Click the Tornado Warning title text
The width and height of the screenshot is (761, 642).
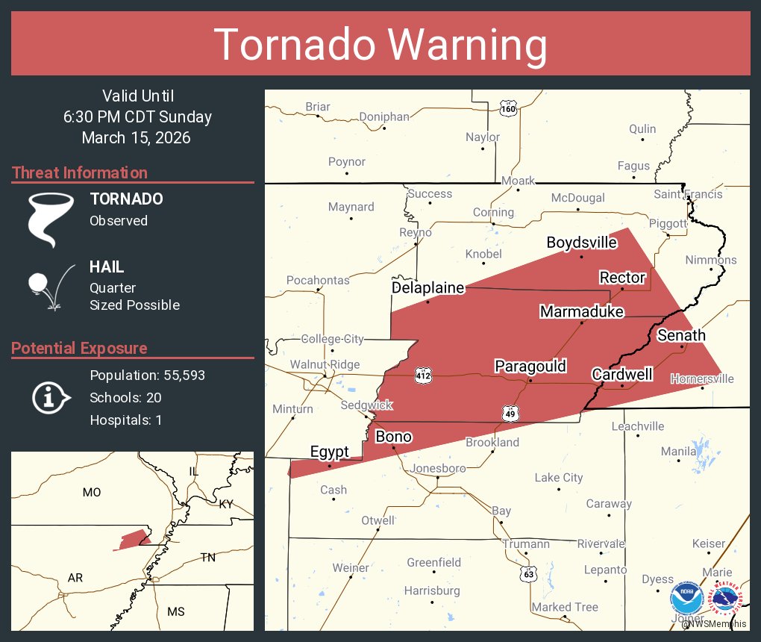coord(380,45)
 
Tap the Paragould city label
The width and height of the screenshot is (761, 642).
coord(530,366)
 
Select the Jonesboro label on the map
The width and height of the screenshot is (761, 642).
coord(439,468)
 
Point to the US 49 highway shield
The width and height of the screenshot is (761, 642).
coord(510,412)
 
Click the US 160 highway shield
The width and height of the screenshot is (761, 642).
coord(508,107)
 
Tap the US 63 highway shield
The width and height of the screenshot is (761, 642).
coord(528,573)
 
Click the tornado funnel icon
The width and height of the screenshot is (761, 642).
coord(50,218)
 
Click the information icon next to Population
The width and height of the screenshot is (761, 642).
coord(50,397)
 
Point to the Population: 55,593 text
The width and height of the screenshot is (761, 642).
coord(147,375)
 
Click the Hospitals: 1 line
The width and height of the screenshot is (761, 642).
coord(126,420)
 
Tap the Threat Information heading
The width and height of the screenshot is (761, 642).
coord(80,172)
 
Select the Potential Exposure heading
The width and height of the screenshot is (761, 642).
coord(79,348)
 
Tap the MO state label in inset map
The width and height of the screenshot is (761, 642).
coord(92,492)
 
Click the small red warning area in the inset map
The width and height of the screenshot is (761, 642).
coord(133,540)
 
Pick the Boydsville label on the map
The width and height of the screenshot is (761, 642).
coord(582,243)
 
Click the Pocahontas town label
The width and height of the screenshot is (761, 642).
coord(318,280)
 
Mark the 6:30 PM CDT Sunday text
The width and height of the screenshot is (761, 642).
coord(137,116)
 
